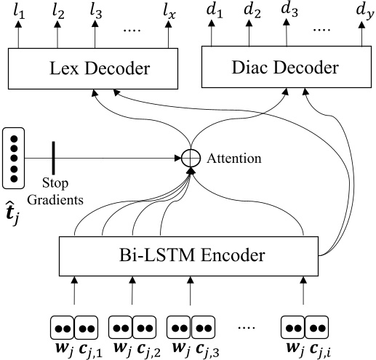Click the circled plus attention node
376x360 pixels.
191,156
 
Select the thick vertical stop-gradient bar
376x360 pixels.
53,156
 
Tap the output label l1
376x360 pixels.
20,12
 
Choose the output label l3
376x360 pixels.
94,12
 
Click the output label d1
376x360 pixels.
214,12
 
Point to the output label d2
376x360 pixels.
252,12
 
